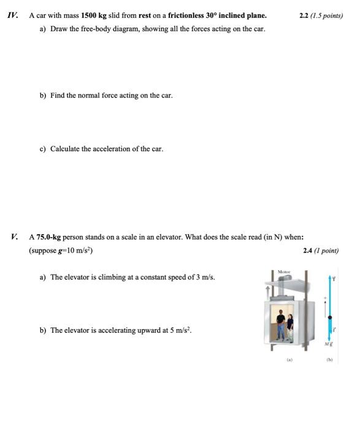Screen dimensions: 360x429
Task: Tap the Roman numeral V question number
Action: (x=15, y=237)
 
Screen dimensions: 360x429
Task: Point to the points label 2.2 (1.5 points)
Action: (x=321, y=15)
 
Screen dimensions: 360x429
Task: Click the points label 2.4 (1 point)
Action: (x=321, y=250)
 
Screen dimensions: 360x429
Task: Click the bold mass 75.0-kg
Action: (x=48, y=237)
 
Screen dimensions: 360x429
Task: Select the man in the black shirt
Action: (x=280, y=324)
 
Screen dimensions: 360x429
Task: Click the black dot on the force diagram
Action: (x=331, y=317)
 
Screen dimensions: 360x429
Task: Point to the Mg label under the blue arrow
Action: (x=331, y=343)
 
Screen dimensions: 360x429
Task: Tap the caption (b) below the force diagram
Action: (x=331, y=360)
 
